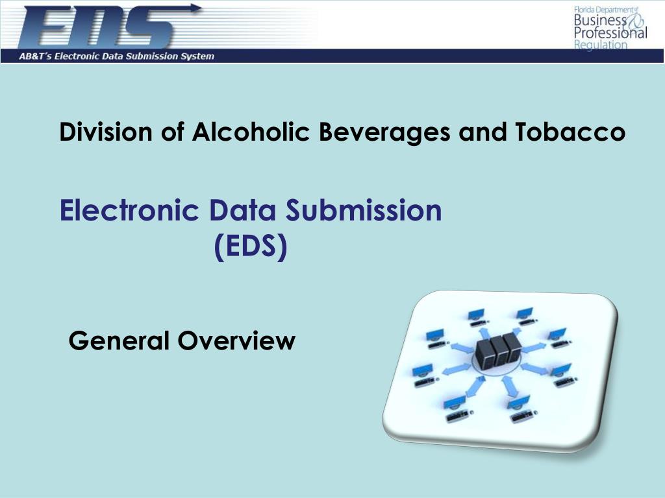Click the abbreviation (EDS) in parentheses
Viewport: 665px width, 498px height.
point(251,247)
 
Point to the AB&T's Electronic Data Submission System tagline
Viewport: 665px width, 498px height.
point(116,56)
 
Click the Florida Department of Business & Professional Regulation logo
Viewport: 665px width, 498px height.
point(609,27)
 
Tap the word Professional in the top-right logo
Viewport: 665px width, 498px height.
point(610,33)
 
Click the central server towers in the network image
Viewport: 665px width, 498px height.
point(498,350)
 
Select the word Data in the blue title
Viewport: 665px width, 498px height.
point(244,211)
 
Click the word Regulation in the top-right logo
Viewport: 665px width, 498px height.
point(601,45)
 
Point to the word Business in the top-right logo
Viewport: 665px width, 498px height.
point(592,21)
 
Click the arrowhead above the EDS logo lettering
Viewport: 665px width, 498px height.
point(195,8)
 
